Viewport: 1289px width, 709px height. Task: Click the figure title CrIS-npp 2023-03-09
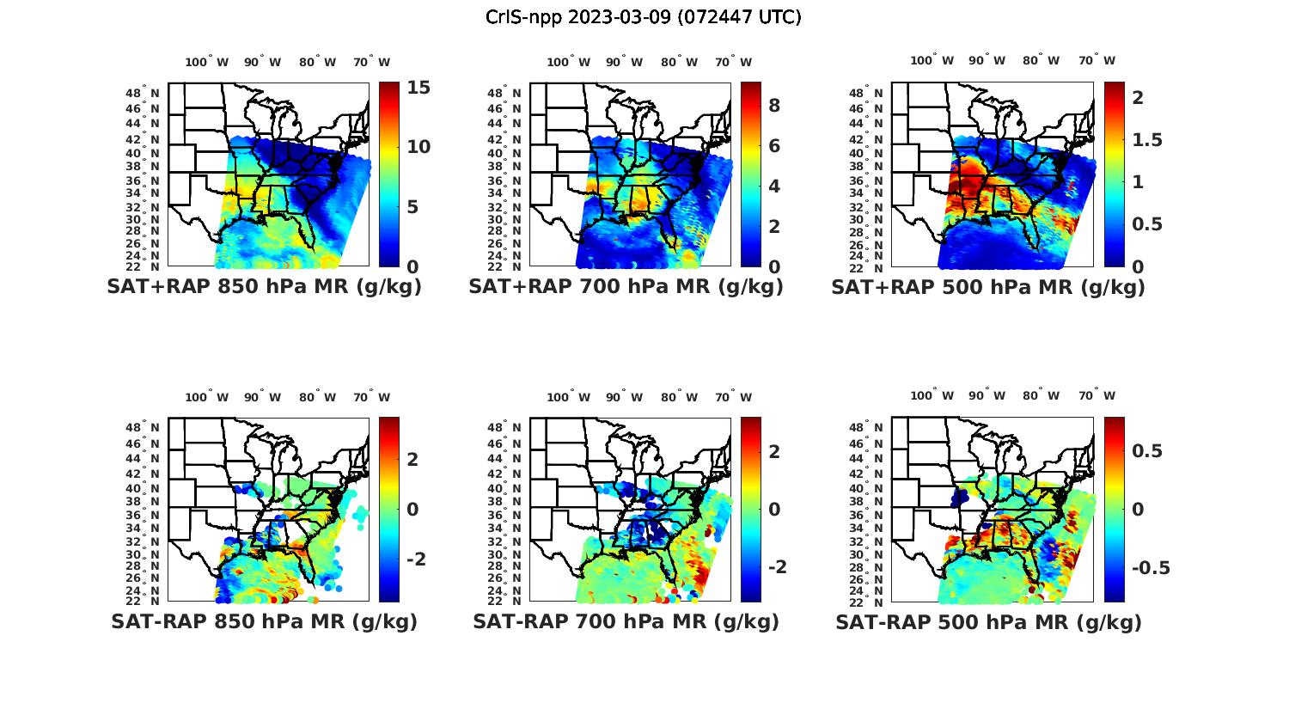click(x=643, y=17)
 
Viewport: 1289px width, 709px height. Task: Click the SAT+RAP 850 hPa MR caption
click(x=264, y=287)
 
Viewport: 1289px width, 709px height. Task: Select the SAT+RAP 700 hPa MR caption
click(x=626, y=287)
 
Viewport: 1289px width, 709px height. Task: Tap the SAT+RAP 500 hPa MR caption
click(x=987, y=287)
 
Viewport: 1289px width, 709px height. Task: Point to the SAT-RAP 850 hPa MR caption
click(x=264, y=621)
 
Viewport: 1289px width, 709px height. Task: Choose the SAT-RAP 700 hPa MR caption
click(x=626, y=621)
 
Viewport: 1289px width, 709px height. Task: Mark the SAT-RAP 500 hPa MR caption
click(x=987, y=621)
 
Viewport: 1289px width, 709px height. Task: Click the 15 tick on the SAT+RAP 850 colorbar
click(x=418, y=88)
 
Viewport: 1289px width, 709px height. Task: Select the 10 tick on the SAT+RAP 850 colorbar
click(x=418, y=147)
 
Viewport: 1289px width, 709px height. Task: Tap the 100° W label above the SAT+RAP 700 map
click(x=568, y=62)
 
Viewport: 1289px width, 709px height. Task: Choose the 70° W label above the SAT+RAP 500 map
click(x=1097, y=60)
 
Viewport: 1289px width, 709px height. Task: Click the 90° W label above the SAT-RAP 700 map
click(x=624, y=397)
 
